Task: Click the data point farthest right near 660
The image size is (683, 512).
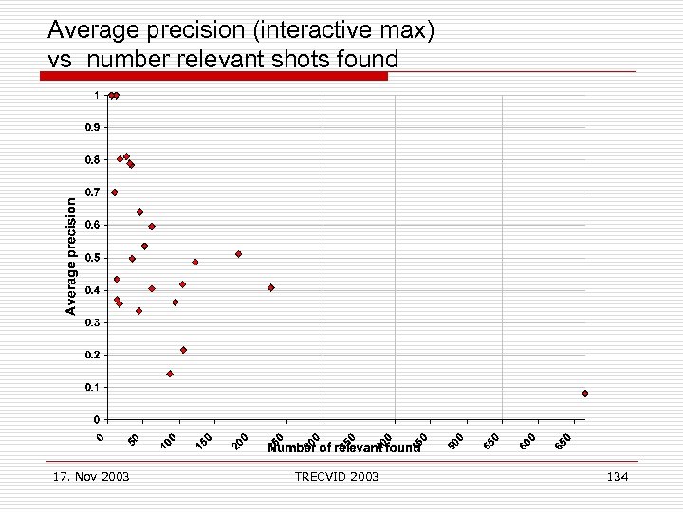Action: coord(585,393)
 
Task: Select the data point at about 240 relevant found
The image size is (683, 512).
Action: coord(271,287)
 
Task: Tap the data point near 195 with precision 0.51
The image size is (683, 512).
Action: coord(238,254)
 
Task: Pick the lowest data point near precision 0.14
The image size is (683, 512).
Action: coord(170,374)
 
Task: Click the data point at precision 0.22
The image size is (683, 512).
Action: coord(183,350)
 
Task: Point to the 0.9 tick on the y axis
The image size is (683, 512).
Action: coord(90,127)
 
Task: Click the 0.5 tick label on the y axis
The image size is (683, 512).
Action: coord(90,258)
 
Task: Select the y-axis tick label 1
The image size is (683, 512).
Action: coord(95,95)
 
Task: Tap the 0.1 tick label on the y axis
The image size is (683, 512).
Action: coord(90,388)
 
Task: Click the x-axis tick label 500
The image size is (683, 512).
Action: coord(456,441)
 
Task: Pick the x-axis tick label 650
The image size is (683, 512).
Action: coord(563,441)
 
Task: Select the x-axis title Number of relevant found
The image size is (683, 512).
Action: coord(343,448)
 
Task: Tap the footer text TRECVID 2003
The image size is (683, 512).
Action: coord(337,476)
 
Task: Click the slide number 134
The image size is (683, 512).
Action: coord(617,476)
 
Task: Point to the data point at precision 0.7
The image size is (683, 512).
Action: coord(115,192)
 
